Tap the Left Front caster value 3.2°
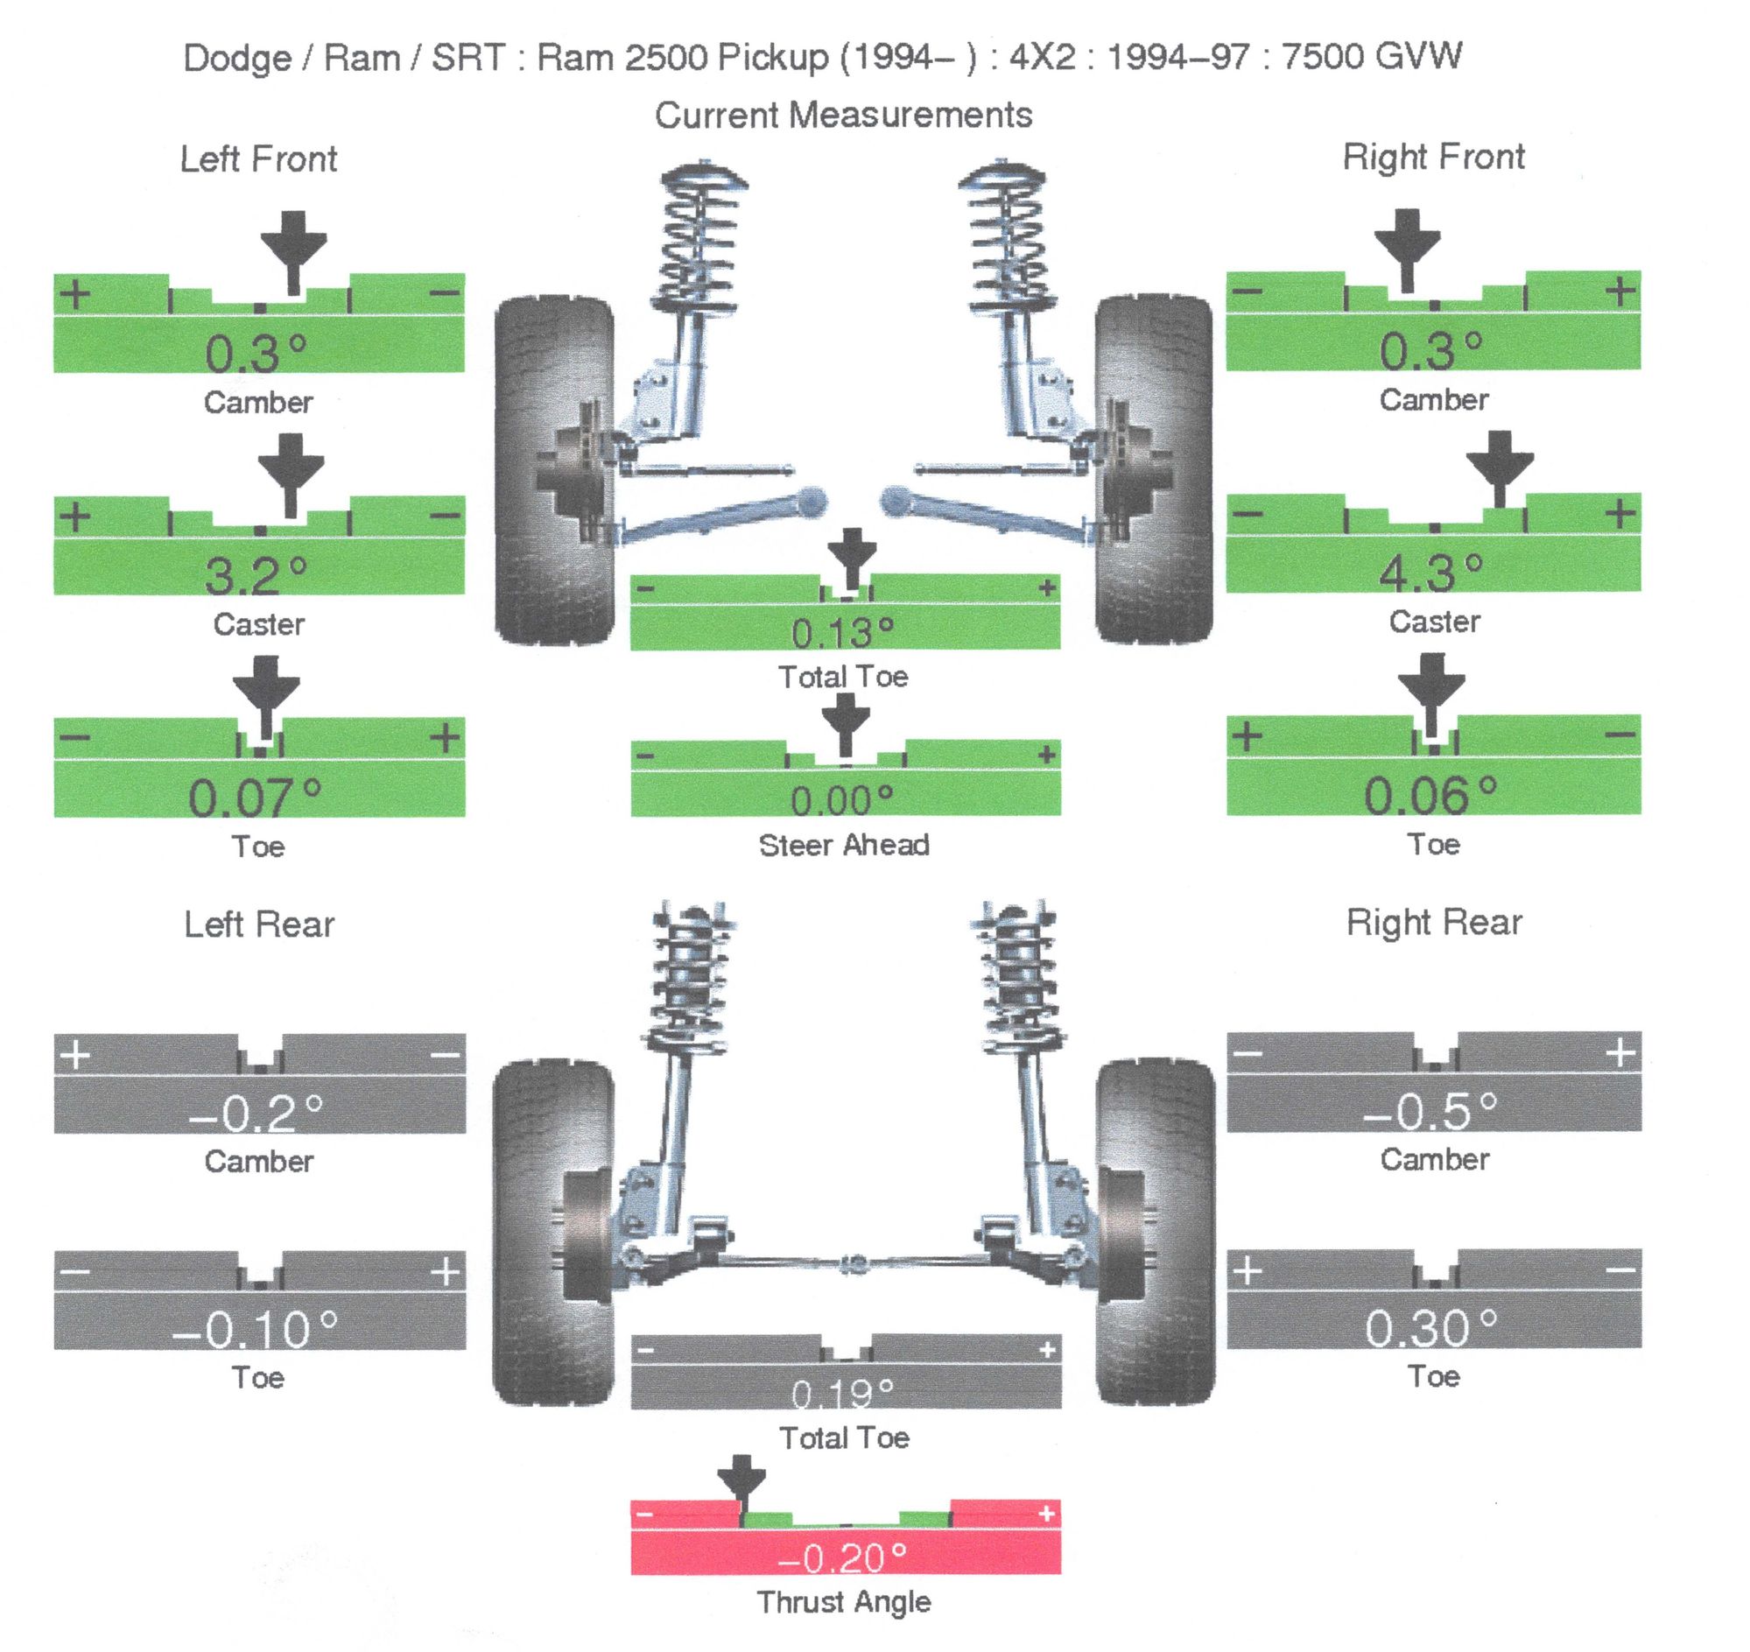(257, 576)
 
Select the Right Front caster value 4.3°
(1430, 573)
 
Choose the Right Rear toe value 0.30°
(1430, 1329)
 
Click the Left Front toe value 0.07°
(256, 797)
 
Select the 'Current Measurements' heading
(843, 116)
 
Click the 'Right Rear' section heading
(1434, 923)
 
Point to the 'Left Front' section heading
(258, 159)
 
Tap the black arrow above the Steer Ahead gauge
(846, 722)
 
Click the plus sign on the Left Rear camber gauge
(76, 1054)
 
